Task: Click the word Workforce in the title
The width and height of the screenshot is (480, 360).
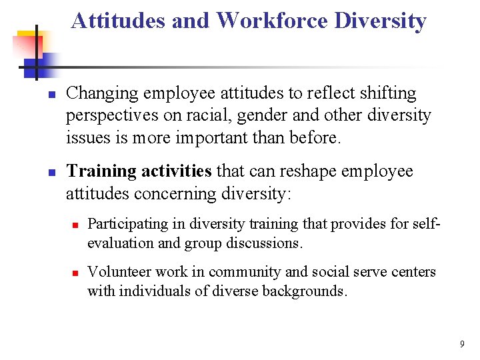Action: (x=272, y=21)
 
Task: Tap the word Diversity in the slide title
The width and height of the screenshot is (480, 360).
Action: (x=380, y=21)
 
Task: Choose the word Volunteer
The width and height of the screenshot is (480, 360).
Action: (x=115, y=272)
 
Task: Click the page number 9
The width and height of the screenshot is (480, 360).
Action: (x=461, y=344)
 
